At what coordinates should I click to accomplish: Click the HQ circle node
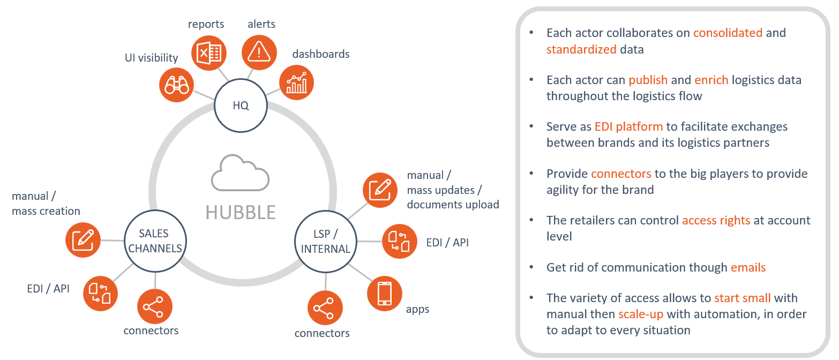click(241, 106)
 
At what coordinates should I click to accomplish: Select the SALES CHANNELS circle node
click(153, 241)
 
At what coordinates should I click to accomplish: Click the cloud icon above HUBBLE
click(240, 172)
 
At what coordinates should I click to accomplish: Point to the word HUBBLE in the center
click(241, 212)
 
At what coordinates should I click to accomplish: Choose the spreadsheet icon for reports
click(209, 52)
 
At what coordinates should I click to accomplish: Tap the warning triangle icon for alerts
click(259, 52)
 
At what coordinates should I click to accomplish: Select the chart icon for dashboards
click(296, 82)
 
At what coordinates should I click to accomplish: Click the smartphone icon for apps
click(384, 293)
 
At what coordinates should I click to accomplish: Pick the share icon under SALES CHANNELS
click(155, 307)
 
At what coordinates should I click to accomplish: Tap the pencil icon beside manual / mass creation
click(83, 240)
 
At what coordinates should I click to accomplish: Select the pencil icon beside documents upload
click(380, 189)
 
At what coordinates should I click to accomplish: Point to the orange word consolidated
click(728, 33)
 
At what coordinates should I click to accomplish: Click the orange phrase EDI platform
click(628, 127)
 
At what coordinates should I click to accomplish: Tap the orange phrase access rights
click(716, 220)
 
